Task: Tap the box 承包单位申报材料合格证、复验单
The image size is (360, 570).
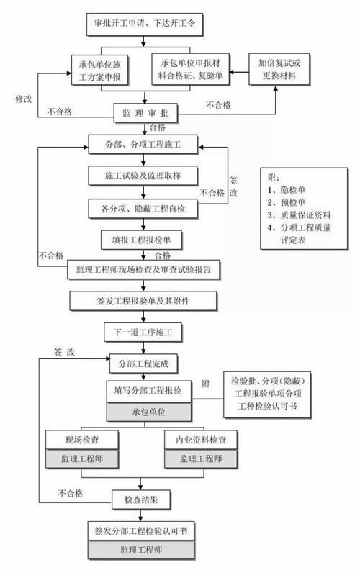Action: pos(193,69)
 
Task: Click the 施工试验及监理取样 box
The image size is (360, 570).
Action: pos(143,175)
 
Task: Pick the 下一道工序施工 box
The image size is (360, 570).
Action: pos(143,333)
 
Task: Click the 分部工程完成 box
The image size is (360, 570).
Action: pos(143,363)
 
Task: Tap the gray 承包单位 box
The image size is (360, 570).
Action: pos(148,412)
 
